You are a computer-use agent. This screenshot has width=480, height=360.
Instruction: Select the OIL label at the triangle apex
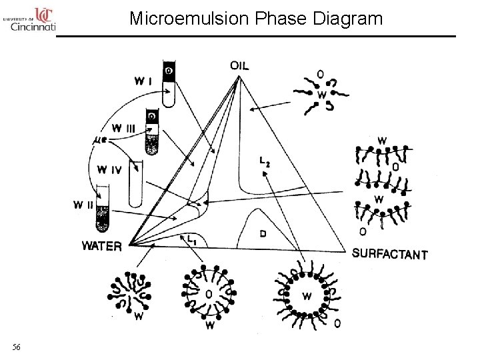[240, 65]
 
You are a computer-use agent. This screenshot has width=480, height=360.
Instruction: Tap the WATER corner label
[101, 246]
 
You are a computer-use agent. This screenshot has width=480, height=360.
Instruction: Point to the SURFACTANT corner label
[389, 253]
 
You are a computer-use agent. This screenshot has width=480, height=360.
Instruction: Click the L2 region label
[265, 161]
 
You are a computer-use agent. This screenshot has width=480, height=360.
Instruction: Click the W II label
[83, 205]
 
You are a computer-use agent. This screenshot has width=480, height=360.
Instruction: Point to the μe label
[99, 140]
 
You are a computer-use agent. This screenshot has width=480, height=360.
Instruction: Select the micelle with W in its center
[306, 294]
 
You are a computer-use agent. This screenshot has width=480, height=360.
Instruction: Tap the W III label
[125, 127]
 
